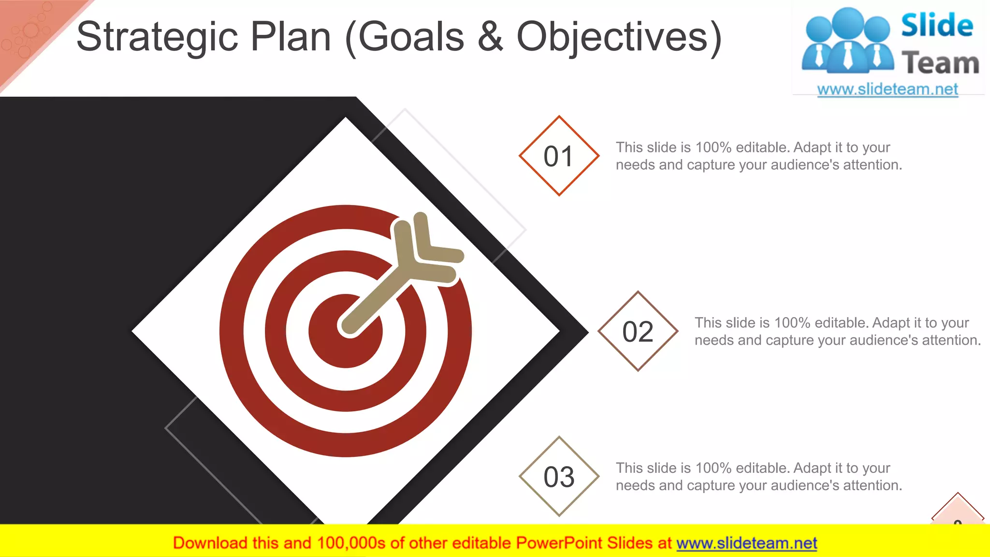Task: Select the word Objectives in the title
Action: click(619, 38)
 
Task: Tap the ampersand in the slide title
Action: click(490, 38)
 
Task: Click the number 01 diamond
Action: click(559, 156)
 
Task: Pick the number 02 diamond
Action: click(638, 332)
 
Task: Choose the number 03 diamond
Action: click(559, 477)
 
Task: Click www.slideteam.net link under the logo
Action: click(888, 89)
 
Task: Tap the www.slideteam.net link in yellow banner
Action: click(746, 543)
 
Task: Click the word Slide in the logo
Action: click(937, 25)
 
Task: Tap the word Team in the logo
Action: click(940, 63)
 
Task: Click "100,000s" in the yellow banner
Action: click(351, 543)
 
